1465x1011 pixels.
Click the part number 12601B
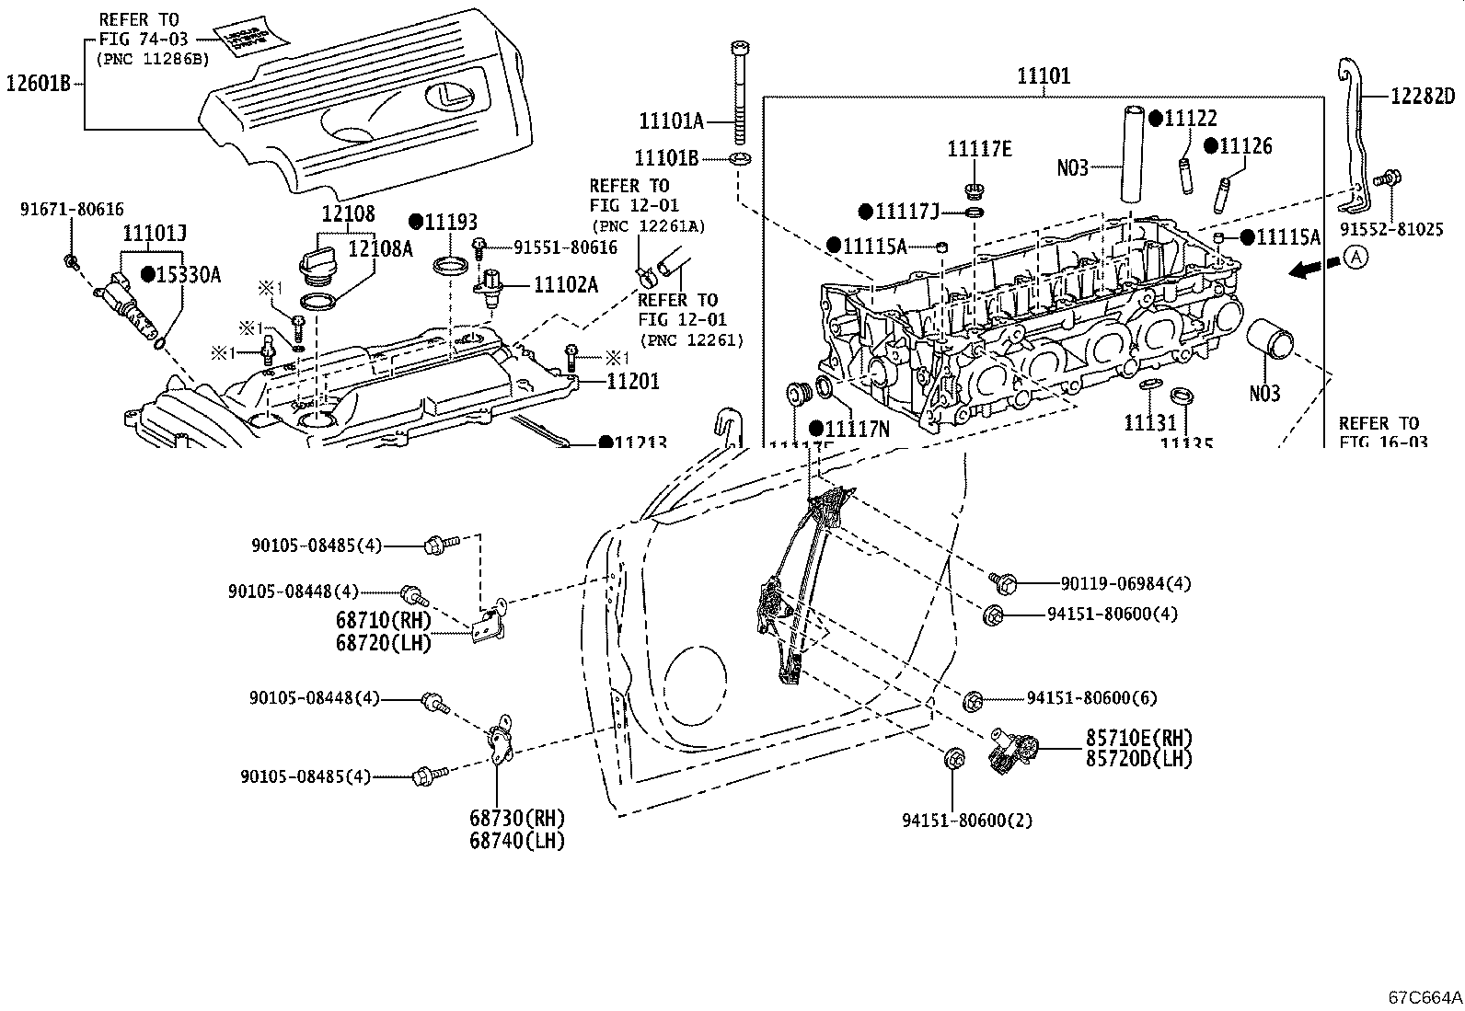click(38, 83)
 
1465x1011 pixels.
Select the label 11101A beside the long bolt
click(671, 121)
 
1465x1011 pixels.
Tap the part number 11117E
click(980, 149)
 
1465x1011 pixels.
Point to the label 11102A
click(565, 285)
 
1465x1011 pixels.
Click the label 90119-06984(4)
click(1125, 582)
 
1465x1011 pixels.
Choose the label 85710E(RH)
click(1138, 738)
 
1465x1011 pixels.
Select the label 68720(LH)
click(384, 643)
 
